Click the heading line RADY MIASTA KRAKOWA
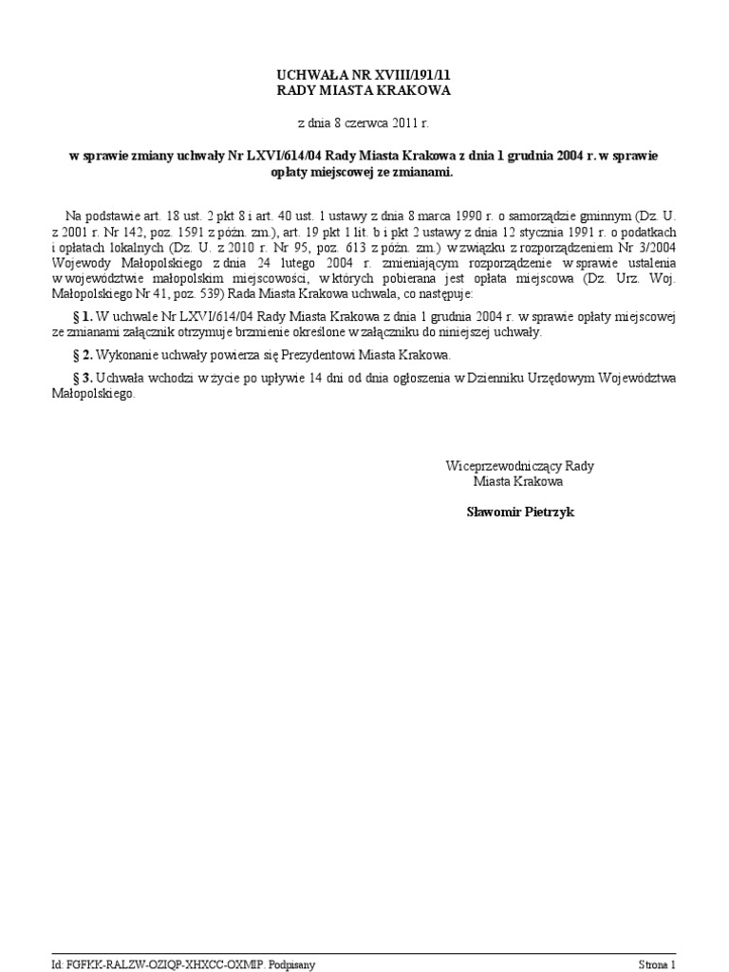tap(364, 90)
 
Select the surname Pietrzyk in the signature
tap(545, 512)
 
